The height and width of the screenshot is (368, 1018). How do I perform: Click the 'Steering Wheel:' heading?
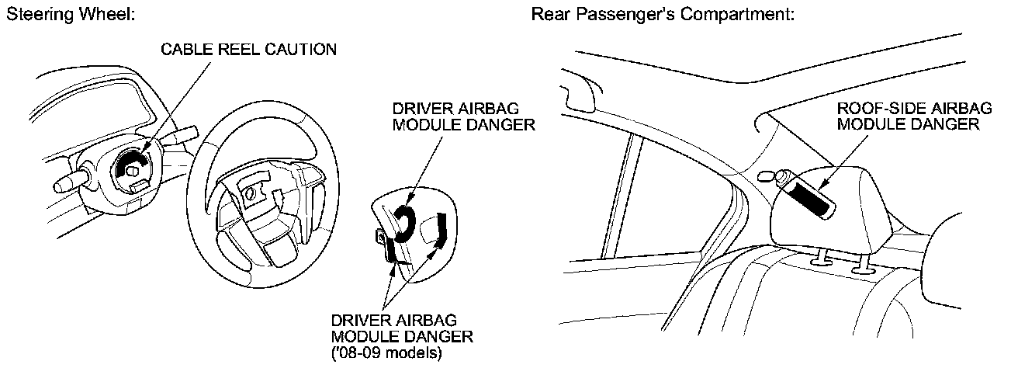(71, 15)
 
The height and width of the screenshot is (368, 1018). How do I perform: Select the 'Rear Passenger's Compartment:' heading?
(662, 15)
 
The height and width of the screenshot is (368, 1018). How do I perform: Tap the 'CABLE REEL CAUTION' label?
(249, 50)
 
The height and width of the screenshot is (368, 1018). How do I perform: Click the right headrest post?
(861, 264)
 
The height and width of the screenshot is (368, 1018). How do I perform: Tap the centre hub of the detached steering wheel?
(253, 195)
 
